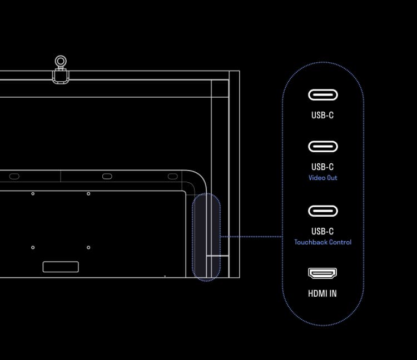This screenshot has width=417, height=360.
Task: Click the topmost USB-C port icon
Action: pyautogui.click(x=323, y=95)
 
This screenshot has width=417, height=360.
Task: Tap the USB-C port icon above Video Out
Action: pyautogui.click(x=323, y=147)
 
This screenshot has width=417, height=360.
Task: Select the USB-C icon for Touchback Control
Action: pyautogui.click(x=323, y=211)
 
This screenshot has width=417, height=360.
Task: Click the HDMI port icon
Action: pyautogui.click(x=322, y=273)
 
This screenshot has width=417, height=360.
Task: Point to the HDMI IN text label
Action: pyautogui.click(x=322, y=293)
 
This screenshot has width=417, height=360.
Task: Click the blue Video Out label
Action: pyautogui.click(x=323, y=178)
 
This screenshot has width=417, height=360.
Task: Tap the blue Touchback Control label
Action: pyautogui.click(x=323, y=242)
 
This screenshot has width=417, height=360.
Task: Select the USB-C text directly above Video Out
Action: pyautogui.click(x=322, y=167)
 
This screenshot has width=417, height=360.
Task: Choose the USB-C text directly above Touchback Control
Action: pyautogui.click(x=322, y=232)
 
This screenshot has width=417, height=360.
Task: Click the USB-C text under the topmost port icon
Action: pyautogui.click(x=322, y=115)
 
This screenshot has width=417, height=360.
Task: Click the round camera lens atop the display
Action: pyautogui.click(x=61, y=61)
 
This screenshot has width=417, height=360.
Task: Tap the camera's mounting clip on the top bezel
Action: pyautogui.click(x=61, y=76)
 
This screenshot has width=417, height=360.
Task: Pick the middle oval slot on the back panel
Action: pyautogui.click(x=107, y=177)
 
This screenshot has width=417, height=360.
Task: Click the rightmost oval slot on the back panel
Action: pyautogui.click(x=172, y=177)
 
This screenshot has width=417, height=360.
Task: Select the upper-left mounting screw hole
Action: pyautogui.click(x=33, y=194)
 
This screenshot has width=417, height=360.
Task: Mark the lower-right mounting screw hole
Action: pyautogui.click(x=88, y=247)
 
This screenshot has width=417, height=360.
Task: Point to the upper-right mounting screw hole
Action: pyautogui.click(x=88, y=194)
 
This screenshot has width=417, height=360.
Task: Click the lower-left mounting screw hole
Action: pyautogui.click(x=33, y=247)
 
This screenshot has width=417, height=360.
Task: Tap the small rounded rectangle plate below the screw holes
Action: pyautogui.click(x=61, y=267)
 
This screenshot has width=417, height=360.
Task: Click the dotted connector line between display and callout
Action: pyautogui.click(x=251, y=237)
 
